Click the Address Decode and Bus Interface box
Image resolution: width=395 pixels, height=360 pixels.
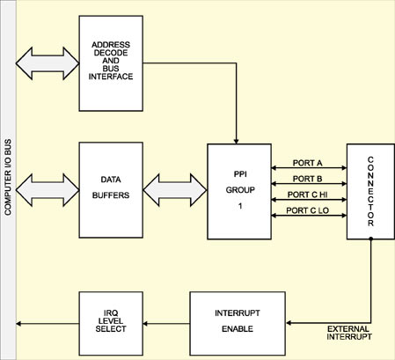point(111,63)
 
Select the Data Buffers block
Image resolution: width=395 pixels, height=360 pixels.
point(111,190)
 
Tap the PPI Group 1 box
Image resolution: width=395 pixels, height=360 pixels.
point(239,192)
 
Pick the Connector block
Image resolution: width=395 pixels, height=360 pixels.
point(370,192)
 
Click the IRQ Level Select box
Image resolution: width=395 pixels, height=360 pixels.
point(111,324)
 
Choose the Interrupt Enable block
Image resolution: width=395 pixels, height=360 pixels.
point(238,324)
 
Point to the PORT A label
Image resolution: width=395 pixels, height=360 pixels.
point(307,163)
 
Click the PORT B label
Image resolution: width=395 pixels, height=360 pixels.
point(307,179)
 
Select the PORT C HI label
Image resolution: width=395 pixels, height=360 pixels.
point(307,195)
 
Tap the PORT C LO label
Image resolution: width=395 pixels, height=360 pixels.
point(307,210)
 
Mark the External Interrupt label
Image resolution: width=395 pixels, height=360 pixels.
point(349,333)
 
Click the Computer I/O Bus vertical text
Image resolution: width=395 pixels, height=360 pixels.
point(8,177)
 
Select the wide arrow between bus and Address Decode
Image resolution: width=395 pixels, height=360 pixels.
point(48,63)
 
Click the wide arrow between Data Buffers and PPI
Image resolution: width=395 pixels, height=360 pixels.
point(175,190)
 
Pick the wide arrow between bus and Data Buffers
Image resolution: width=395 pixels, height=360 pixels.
point(48,190)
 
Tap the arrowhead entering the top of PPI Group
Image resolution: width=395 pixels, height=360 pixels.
point(236,141)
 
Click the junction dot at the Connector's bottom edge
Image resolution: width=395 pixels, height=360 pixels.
point(370,239)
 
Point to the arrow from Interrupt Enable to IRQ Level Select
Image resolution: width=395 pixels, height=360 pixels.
point(166,324)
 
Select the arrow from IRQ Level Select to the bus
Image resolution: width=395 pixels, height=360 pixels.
point(48,324)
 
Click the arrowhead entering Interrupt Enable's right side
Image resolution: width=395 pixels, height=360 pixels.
point(289,323)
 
